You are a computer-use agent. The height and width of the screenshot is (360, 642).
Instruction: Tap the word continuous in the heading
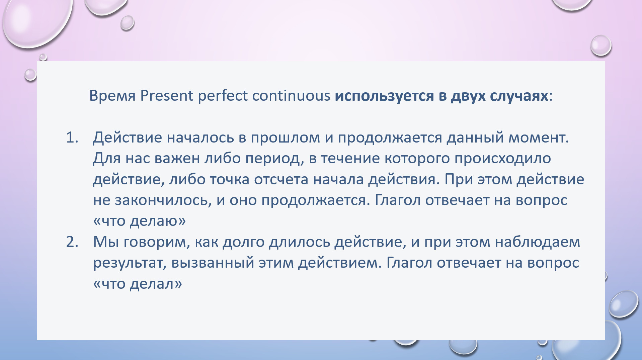pos(291,96)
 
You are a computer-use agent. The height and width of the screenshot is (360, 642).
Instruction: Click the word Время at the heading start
pos(112,96)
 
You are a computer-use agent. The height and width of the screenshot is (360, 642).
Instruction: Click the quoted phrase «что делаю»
pos(139,221)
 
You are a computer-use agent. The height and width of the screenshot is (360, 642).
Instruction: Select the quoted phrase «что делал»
pos(138,284)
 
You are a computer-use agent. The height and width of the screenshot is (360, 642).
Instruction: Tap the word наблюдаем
pos(538,242)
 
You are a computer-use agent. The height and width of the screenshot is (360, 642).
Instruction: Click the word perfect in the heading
pos(223,96)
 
